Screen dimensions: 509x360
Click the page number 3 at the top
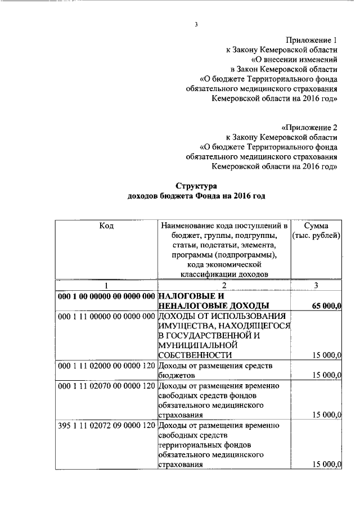[196, 24]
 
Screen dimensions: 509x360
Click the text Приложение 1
[312, 40]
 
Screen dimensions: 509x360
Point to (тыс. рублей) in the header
[316, 236]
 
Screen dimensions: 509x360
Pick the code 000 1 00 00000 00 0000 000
[106, 296]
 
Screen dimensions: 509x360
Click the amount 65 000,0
[326, 306]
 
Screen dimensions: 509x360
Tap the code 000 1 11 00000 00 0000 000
[106, 316]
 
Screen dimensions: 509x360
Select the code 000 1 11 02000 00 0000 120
[106, 366]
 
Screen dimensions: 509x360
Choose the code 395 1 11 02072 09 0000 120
[106, 426]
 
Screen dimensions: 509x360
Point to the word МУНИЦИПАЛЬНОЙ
[195, 346]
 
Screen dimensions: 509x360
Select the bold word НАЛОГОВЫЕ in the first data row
[186, 296]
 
